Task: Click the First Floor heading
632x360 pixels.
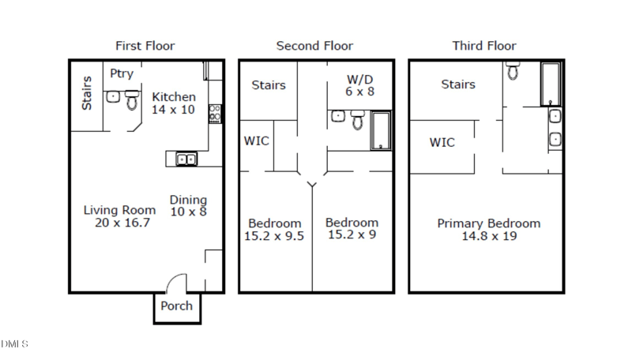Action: pyautogui.click(x=145, y=46)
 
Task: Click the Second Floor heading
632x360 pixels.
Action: pyautogui.click(x=314, y=46)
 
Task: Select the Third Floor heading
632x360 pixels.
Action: pyautogui.click(x=483, y=46)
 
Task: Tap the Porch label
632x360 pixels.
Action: pyautogui.click(x=176, y=306)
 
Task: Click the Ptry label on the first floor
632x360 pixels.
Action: pyautogui.click(x=122, y=73)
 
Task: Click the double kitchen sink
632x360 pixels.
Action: pyautogui.click(x=186, y=159)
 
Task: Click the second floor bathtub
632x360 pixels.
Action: pyautogui.click(x=381, y=131)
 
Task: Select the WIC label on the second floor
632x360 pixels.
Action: pyautogui.click(x=256, y=141)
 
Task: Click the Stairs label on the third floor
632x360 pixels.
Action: pyautogui.click(x=458, y=84)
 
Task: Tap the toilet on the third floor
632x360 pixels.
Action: pyautogui.click(x=513, y=73)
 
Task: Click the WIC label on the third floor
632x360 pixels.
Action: pyautogui.click(x=442, y=142)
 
